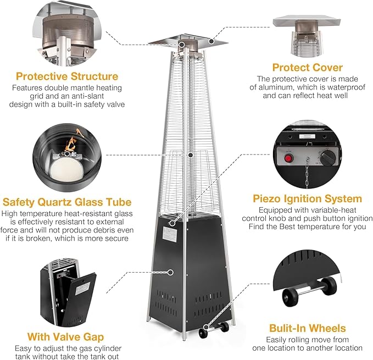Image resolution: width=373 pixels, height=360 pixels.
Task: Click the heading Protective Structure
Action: (x=66, y=76)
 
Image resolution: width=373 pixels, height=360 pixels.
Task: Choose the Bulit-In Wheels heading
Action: (x=308, y=328)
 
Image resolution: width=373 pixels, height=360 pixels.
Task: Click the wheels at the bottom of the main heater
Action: (x=211, y=330)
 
